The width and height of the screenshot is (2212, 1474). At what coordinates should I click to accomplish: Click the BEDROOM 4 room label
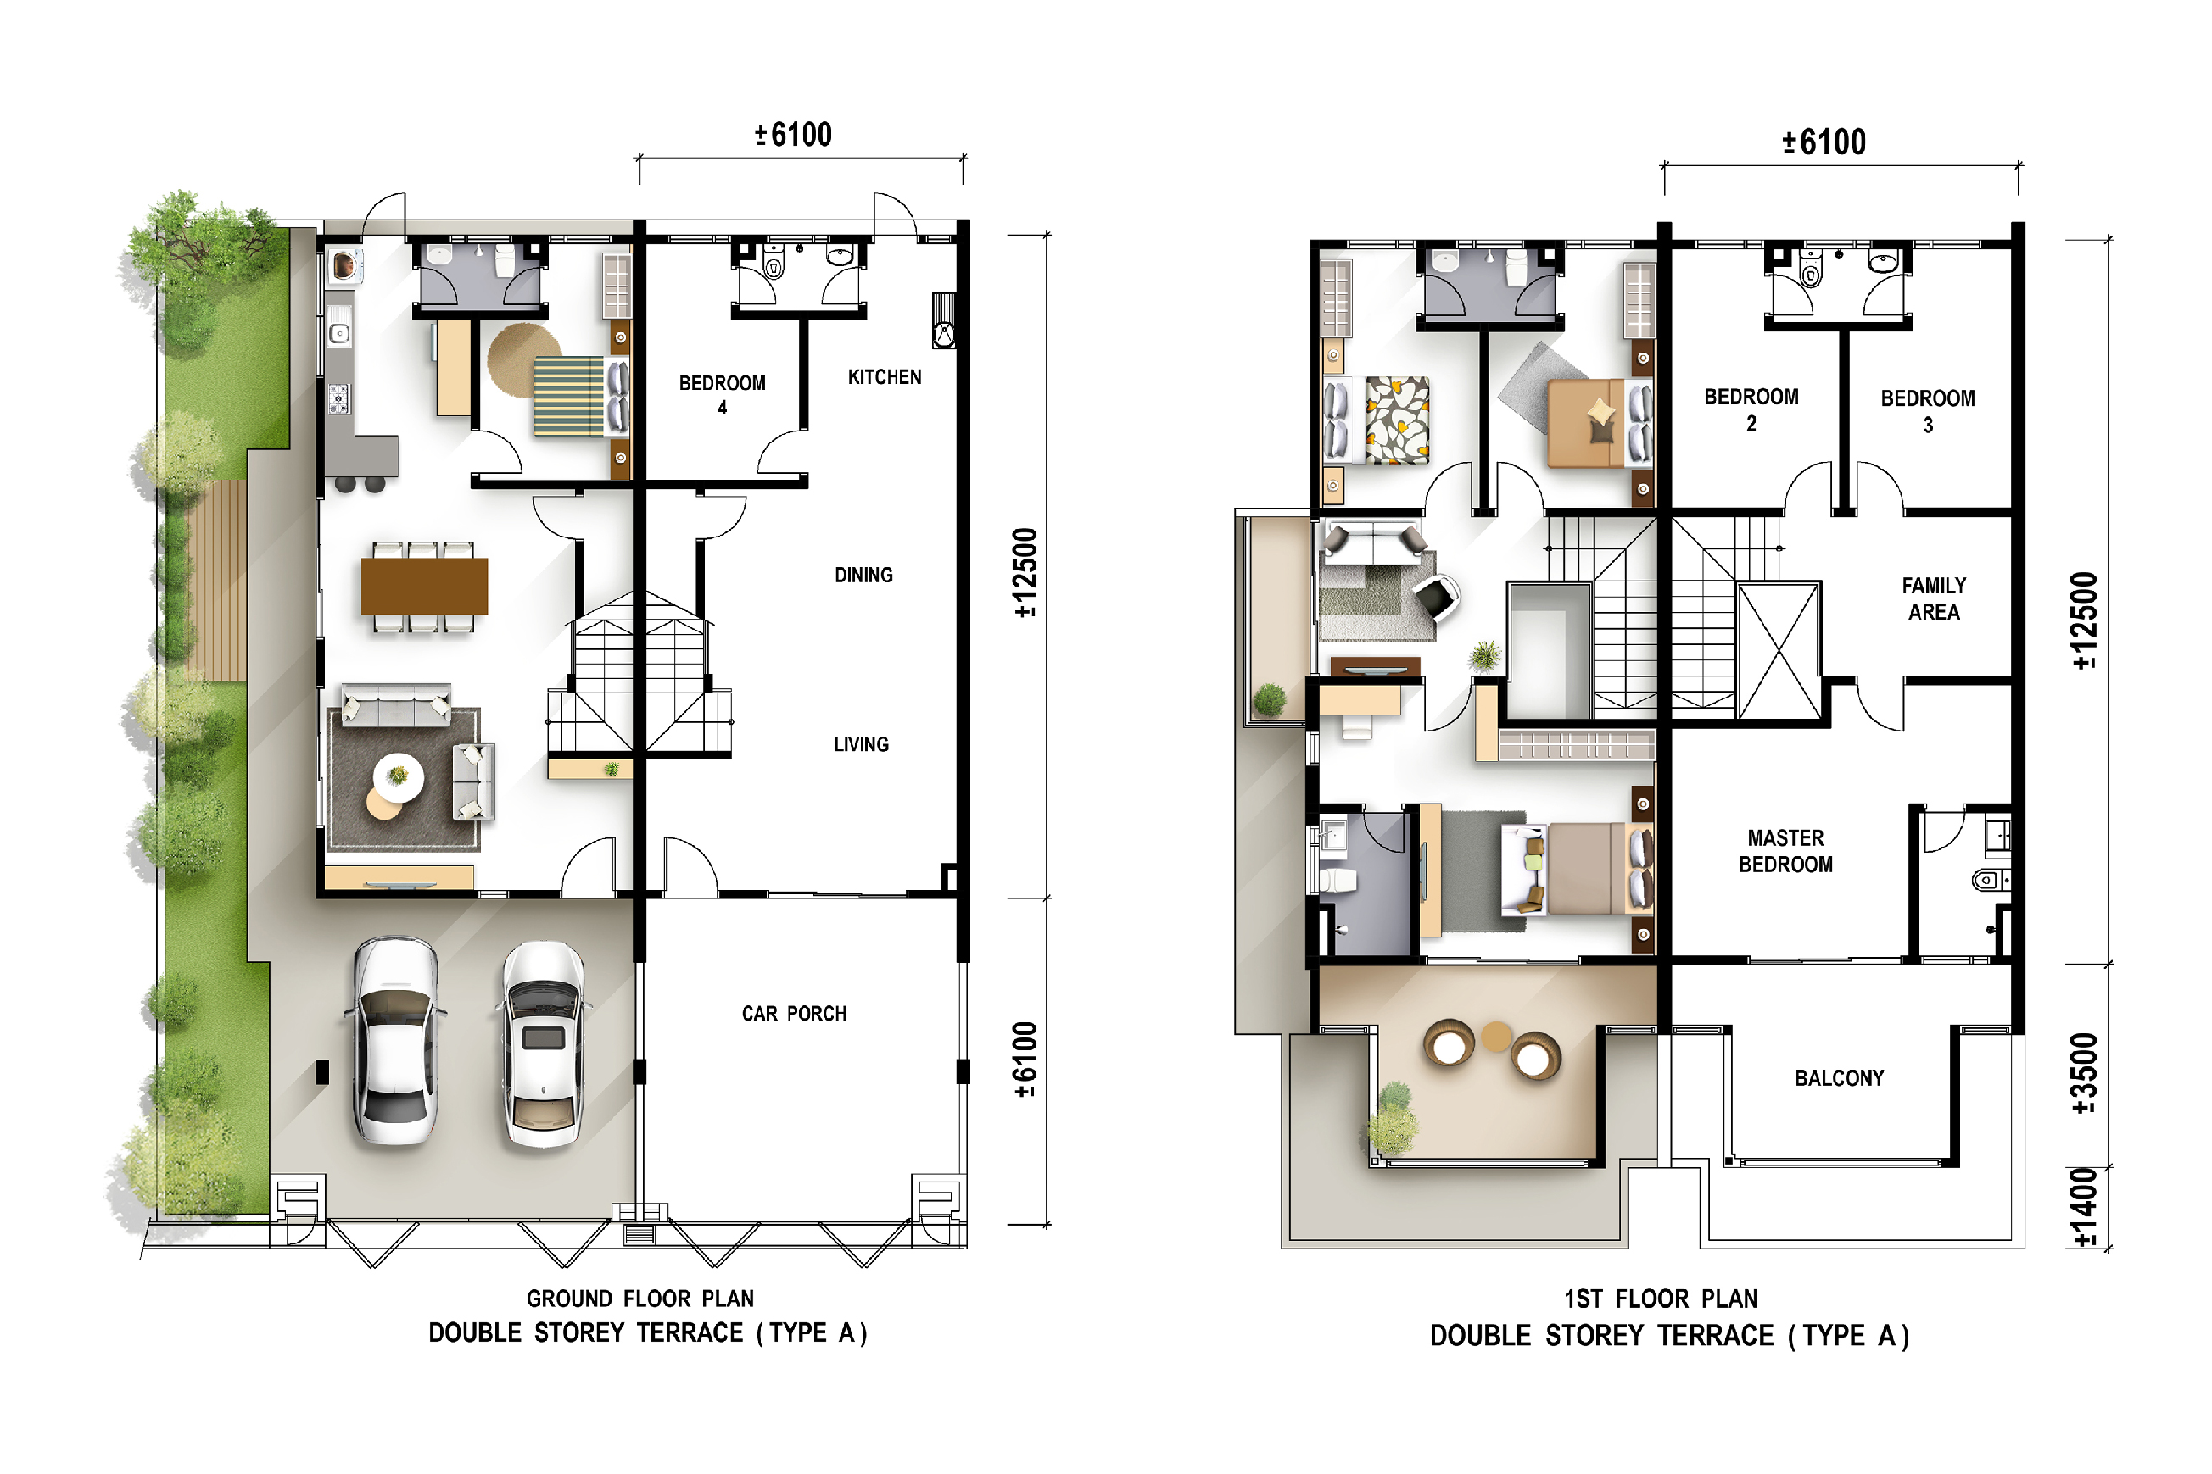723,395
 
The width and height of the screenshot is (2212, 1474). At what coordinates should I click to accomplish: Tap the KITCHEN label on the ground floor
885,377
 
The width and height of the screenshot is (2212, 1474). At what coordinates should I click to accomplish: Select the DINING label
864,575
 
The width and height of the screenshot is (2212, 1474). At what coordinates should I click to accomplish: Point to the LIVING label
862,743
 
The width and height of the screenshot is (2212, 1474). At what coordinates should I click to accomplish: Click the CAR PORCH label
795,1014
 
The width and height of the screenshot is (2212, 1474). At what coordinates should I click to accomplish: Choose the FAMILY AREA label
1935,598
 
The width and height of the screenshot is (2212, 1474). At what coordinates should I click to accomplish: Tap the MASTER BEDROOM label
1786,851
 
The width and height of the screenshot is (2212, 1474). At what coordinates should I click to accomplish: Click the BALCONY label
1840,1078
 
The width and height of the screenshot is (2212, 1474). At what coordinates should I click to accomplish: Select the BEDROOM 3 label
1928,411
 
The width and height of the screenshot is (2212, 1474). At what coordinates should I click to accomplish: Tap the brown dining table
424,586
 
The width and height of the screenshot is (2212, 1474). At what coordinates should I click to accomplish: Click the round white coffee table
399,777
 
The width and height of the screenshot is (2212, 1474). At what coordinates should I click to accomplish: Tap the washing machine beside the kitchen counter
344,266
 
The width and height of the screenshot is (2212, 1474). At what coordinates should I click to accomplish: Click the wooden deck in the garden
215,580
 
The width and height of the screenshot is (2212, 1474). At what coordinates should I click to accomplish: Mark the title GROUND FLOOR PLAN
640,1299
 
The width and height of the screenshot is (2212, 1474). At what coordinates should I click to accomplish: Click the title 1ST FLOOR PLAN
1661,1299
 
